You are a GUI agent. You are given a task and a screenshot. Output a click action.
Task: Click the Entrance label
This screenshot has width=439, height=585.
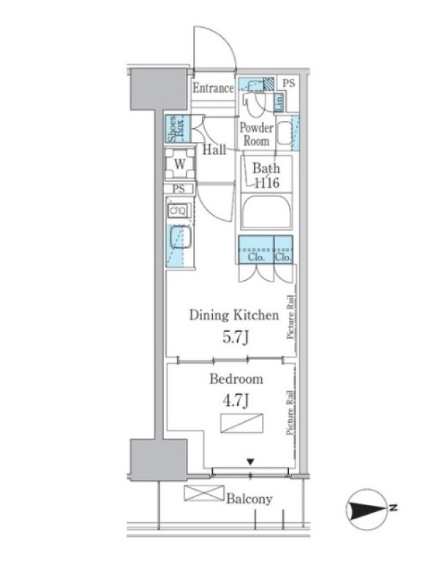click(x=213, y=88)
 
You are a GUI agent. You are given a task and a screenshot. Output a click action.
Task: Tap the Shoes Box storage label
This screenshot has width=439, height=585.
click(x=177, y=129)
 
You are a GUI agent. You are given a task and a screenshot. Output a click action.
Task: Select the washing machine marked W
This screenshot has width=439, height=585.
click(x=180, y=164)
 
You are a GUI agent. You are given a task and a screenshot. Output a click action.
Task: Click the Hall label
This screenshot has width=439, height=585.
click(x=214, y=150)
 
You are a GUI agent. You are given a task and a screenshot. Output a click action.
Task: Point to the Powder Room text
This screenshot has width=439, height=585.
click(x=256, y=135)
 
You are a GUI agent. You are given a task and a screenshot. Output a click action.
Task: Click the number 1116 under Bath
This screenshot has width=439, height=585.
click(x=266, y=183)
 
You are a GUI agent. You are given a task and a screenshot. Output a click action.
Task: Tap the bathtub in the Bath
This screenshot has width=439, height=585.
click(x=266, y=212)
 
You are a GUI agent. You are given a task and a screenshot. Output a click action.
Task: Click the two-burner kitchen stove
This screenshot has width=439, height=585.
click(x=179, y=211)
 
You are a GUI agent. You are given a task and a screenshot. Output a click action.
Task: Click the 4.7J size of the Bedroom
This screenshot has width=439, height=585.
click(x=236, y=401)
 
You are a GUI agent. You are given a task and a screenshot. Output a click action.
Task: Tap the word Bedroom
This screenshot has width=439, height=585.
click(x=236, y=379)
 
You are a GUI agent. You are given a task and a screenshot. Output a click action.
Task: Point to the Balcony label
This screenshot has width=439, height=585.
click(x=249, y=499)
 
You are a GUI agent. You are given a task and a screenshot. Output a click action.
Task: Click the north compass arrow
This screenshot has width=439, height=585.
click(x=367, y=508)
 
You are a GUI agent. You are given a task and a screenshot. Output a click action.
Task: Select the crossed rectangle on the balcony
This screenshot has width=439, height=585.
click(x=204, y=493)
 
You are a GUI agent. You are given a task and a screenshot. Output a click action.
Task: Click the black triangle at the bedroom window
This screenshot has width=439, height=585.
click(x=250, y=462)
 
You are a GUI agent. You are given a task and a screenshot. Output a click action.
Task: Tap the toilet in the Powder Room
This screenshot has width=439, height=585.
click(x=254, y=99)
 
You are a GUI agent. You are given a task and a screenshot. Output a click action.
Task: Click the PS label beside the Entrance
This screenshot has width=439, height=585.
click(x=288, y=83)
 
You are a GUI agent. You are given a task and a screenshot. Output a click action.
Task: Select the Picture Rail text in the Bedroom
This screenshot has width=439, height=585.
click(x=290, y=413)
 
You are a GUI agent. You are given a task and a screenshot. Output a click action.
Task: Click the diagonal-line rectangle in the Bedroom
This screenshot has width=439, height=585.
click(x=242, y=423)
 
